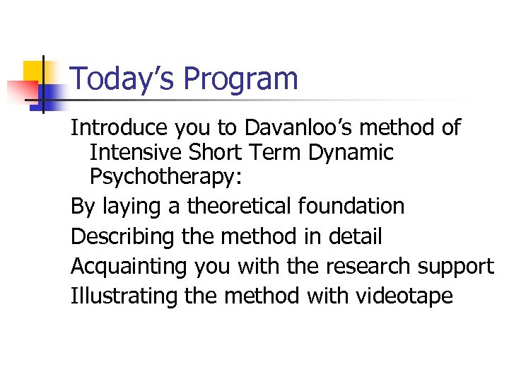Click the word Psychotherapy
(161, 178)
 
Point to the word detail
(355, 236)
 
